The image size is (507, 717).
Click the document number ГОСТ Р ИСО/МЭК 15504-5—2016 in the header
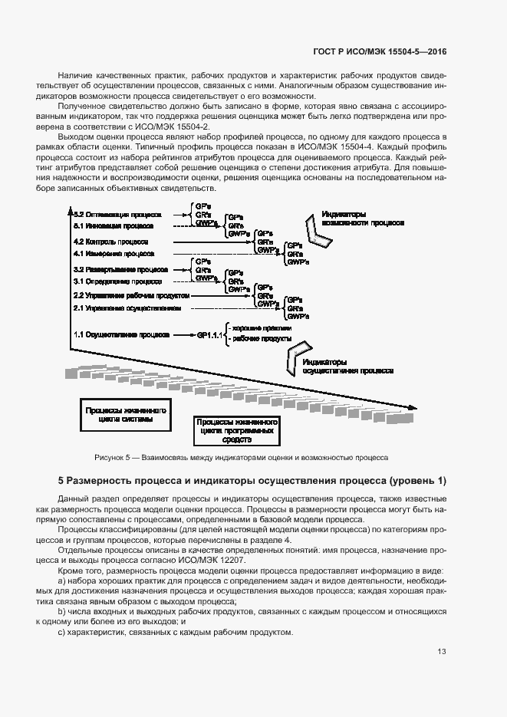click(380, 52)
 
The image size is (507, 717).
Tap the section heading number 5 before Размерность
click(61, 481)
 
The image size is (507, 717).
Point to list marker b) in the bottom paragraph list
click(62, 613)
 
